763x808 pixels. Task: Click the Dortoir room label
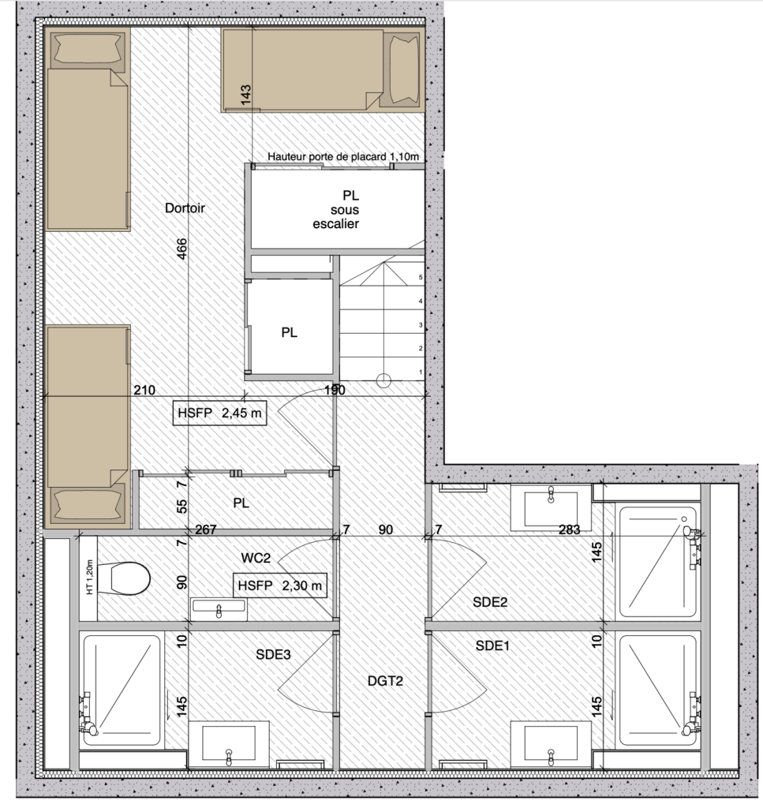[x=185, y=208]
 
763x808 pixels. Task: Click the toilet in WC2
[x=129, y=578]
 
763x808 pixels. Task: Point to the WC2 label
[x=256, y=558]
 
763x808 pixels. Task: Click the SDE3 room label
[x=273, y=654]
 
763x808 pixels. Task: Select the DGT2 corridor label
[x=384, y=680]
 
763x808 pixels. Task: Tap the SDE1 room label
[x=493, y=645]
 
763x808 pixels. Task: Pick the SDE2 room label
[x=489, y=602]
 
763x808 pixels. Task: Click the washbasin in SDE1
[x=550, y=743]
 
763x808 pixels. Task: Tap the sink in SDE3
[x=228, y=746]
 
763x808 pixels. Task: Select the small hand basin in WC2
[x=219, y=608]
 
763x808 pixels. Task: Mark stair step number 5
[x=421, y=278]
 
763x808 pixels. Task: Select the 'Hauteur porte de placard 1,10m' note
[x=342, y=157]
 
